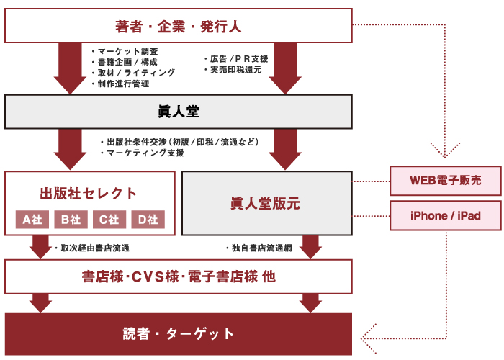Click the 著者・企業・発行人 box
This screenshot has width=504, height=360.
click(179, 26)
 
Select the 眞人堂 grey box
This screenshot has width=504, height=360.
click(179, 112)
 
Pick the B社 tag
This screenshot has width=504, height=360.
click(71, 220)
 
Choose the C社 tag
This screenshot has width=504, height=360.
click(109, 220)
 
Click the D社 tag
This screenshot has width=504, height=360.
click(147, 220)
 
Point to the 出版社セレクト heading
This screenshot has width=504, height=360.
click(89, 193)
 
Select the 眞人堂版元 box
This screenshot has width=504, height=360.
click(266, 203)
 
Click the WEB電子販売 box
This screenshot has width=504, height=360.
click(445, 180)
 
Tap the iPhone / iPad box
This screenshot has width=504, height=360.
click(445, 215)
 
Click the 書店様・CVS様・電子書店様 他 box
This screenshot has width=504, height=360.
click(179, 276)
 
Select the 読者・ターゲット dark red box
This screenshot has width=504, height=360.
click(179, 333)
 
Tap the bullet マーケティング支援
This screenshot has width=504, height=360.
click(145, 153)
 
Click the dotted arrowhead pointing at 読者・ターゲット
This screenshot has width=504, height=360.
click(369, 333)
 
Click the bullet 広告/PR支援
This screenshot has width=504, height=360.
click(238, 58)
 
